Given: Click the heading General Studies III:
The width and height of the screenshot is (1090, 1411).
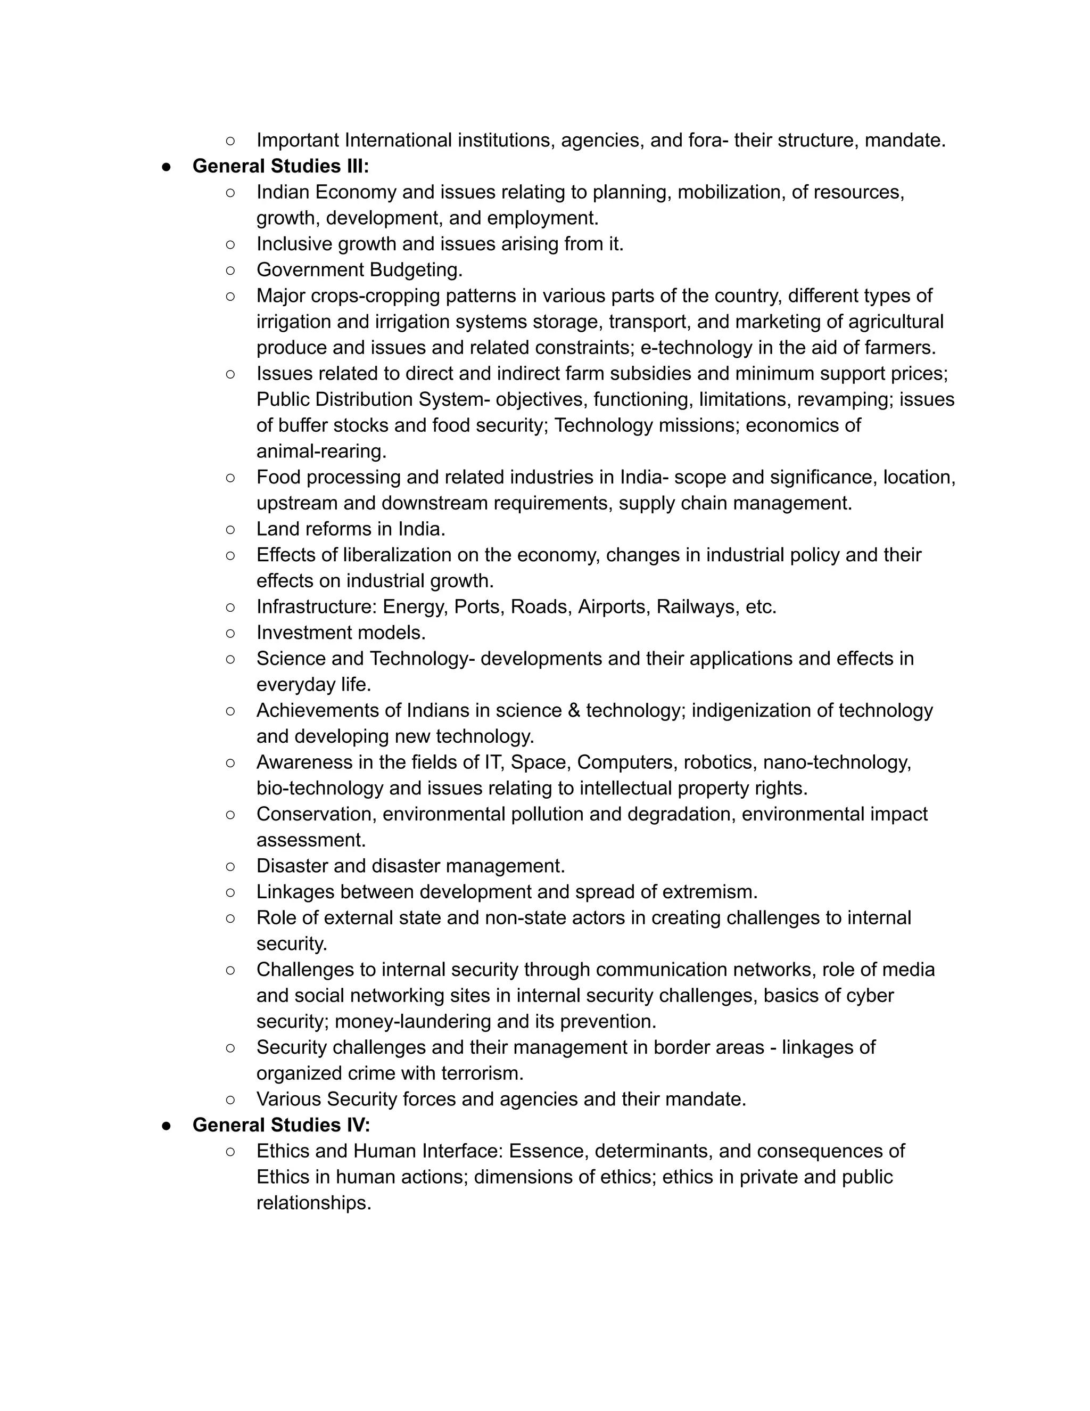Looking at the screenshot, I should tap(280, 166).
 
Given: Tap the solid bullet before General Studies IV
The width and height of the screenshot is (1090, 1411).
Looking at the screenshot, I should tap(167, 1126).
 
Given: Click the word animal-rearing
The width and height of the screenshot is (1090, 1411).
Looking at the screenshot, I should tap(321, 451).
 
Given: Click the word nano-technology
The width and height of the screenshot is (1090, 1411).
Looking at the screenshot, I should tap(837, 762).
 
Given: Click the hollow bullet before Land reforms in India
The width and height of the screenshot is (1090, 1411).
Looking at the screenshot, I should tap(230, 529).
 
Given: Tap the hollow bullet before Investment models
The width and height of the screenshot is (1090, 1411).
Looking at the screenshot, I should tap(230, 633).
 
